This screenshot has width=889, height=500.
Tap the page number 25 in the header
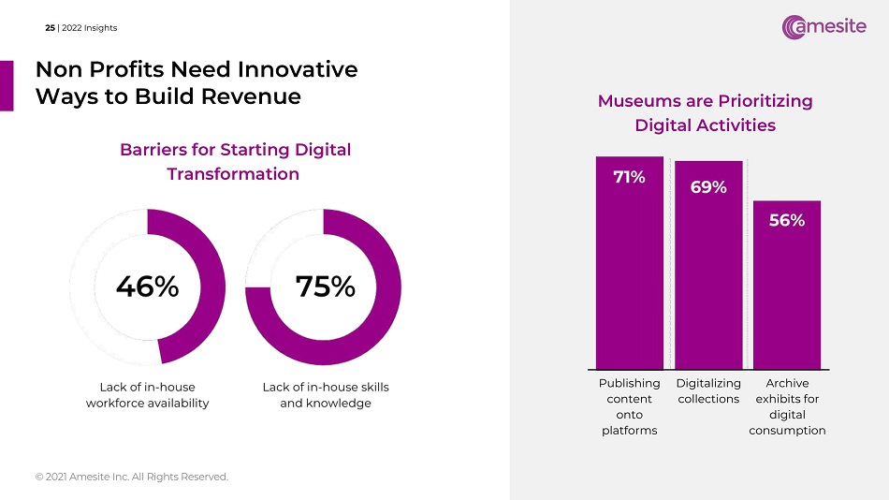click(x=50, y=28)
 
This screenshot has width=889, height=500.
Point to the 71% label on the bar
click(x=629, y=177)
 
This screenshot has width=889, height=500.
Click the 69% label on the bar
click(x=708, y=187)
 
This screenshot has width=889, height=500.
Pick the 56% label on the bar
click(x=787, y=221)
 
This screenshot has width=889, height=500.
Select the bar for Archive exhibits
click(x=787, y=290)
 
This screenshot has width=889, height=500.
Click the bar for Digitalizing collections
click(x=708, y=272)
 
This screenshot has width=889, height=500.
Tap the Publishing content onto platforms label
click(x=629, y=406)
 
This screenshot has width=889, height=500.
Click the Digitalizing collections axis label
click(x=708, y=391)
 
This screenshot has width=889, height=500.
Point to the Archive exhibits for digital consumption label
click(x=787, y=406)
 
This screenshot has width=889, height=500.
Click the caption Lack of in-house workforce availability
click(x=147, y=394)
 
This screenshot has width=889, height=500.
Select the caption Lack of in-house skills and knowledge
click(x=326, y=394)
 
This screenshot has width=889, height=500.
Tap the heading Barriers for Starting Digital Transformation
click(x=235, y=161)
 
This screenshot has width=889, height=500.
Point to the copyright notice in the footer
click(x=131, y=477)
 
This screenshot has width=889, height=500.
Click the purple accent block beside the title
click(x=6, y=85)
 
